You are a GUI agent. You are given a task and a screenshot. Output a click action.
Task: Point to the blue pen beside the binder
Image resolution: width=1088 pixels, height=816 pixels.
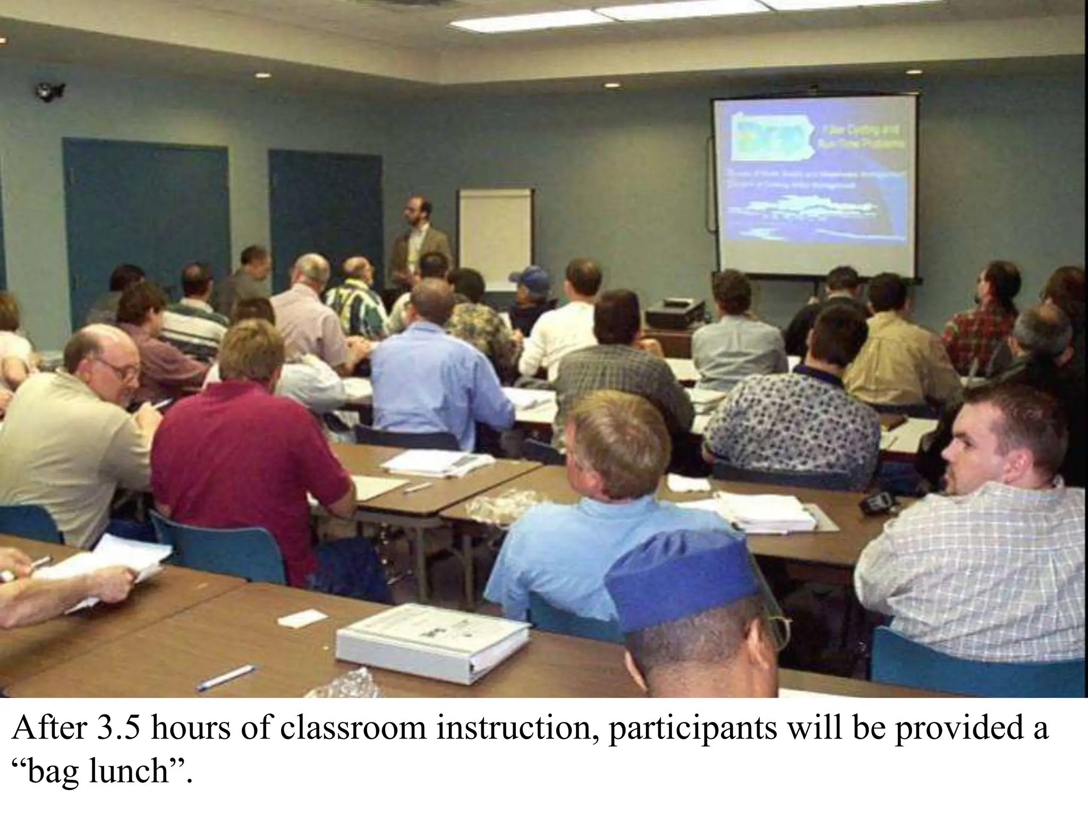coord(226,678)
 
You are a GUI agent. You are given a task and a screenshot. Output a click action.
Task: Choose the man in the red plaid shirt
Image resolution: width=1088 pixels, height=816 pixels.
coord(983,319)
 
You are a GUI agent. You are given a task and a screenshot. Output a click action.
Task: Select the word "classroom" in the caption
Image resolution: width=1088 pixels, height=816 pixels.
coord(353,729)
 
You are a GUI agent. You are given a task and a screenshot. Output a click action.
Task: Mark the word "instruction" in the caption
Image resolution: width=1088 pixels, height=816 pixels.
coord(514,729)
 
